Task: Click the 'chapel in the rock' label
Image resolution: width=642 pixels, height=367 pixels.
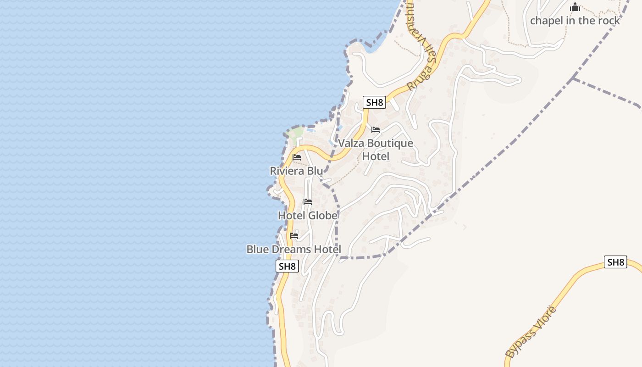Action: point(575,21)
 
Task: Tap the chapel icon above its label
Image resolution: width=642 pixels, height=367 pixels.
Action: point(575,7)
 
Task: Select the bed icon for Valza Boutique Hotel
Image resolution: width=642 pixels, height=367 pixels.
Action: point(376,130)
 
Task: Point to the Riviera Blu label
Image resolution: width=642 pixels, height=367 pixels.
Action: point(296,171)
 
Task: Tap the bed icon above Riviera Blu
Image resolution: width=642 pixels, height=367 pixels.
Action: point(297,157)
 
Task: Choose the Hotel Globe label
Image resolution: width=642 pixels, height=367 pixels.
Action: point(308,215)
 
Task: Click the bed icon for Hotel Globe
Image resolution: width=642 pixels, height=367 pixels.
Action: point(308,202)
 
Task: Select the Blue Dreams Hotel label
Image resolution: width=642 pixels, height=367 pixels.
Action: point(294,249)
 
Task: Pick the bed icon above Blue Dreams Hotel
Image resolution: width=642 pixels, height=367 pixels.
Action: point(294,236)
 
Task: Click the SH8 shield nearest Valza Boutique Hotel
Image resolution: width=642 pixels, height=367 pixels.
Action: point(374,102)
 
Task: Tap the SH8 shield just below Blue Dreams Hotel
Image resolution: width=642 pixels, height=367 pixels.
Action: point(287,266)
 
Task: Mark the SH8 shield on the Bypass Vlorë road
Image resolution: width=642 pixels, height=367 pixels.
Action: point(615,262)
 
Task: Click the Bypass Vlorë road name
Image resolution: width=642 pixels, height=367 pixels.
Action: point(531,332)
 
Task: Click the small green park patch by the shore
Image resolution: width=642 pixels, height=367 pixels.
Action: point(295,134)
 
